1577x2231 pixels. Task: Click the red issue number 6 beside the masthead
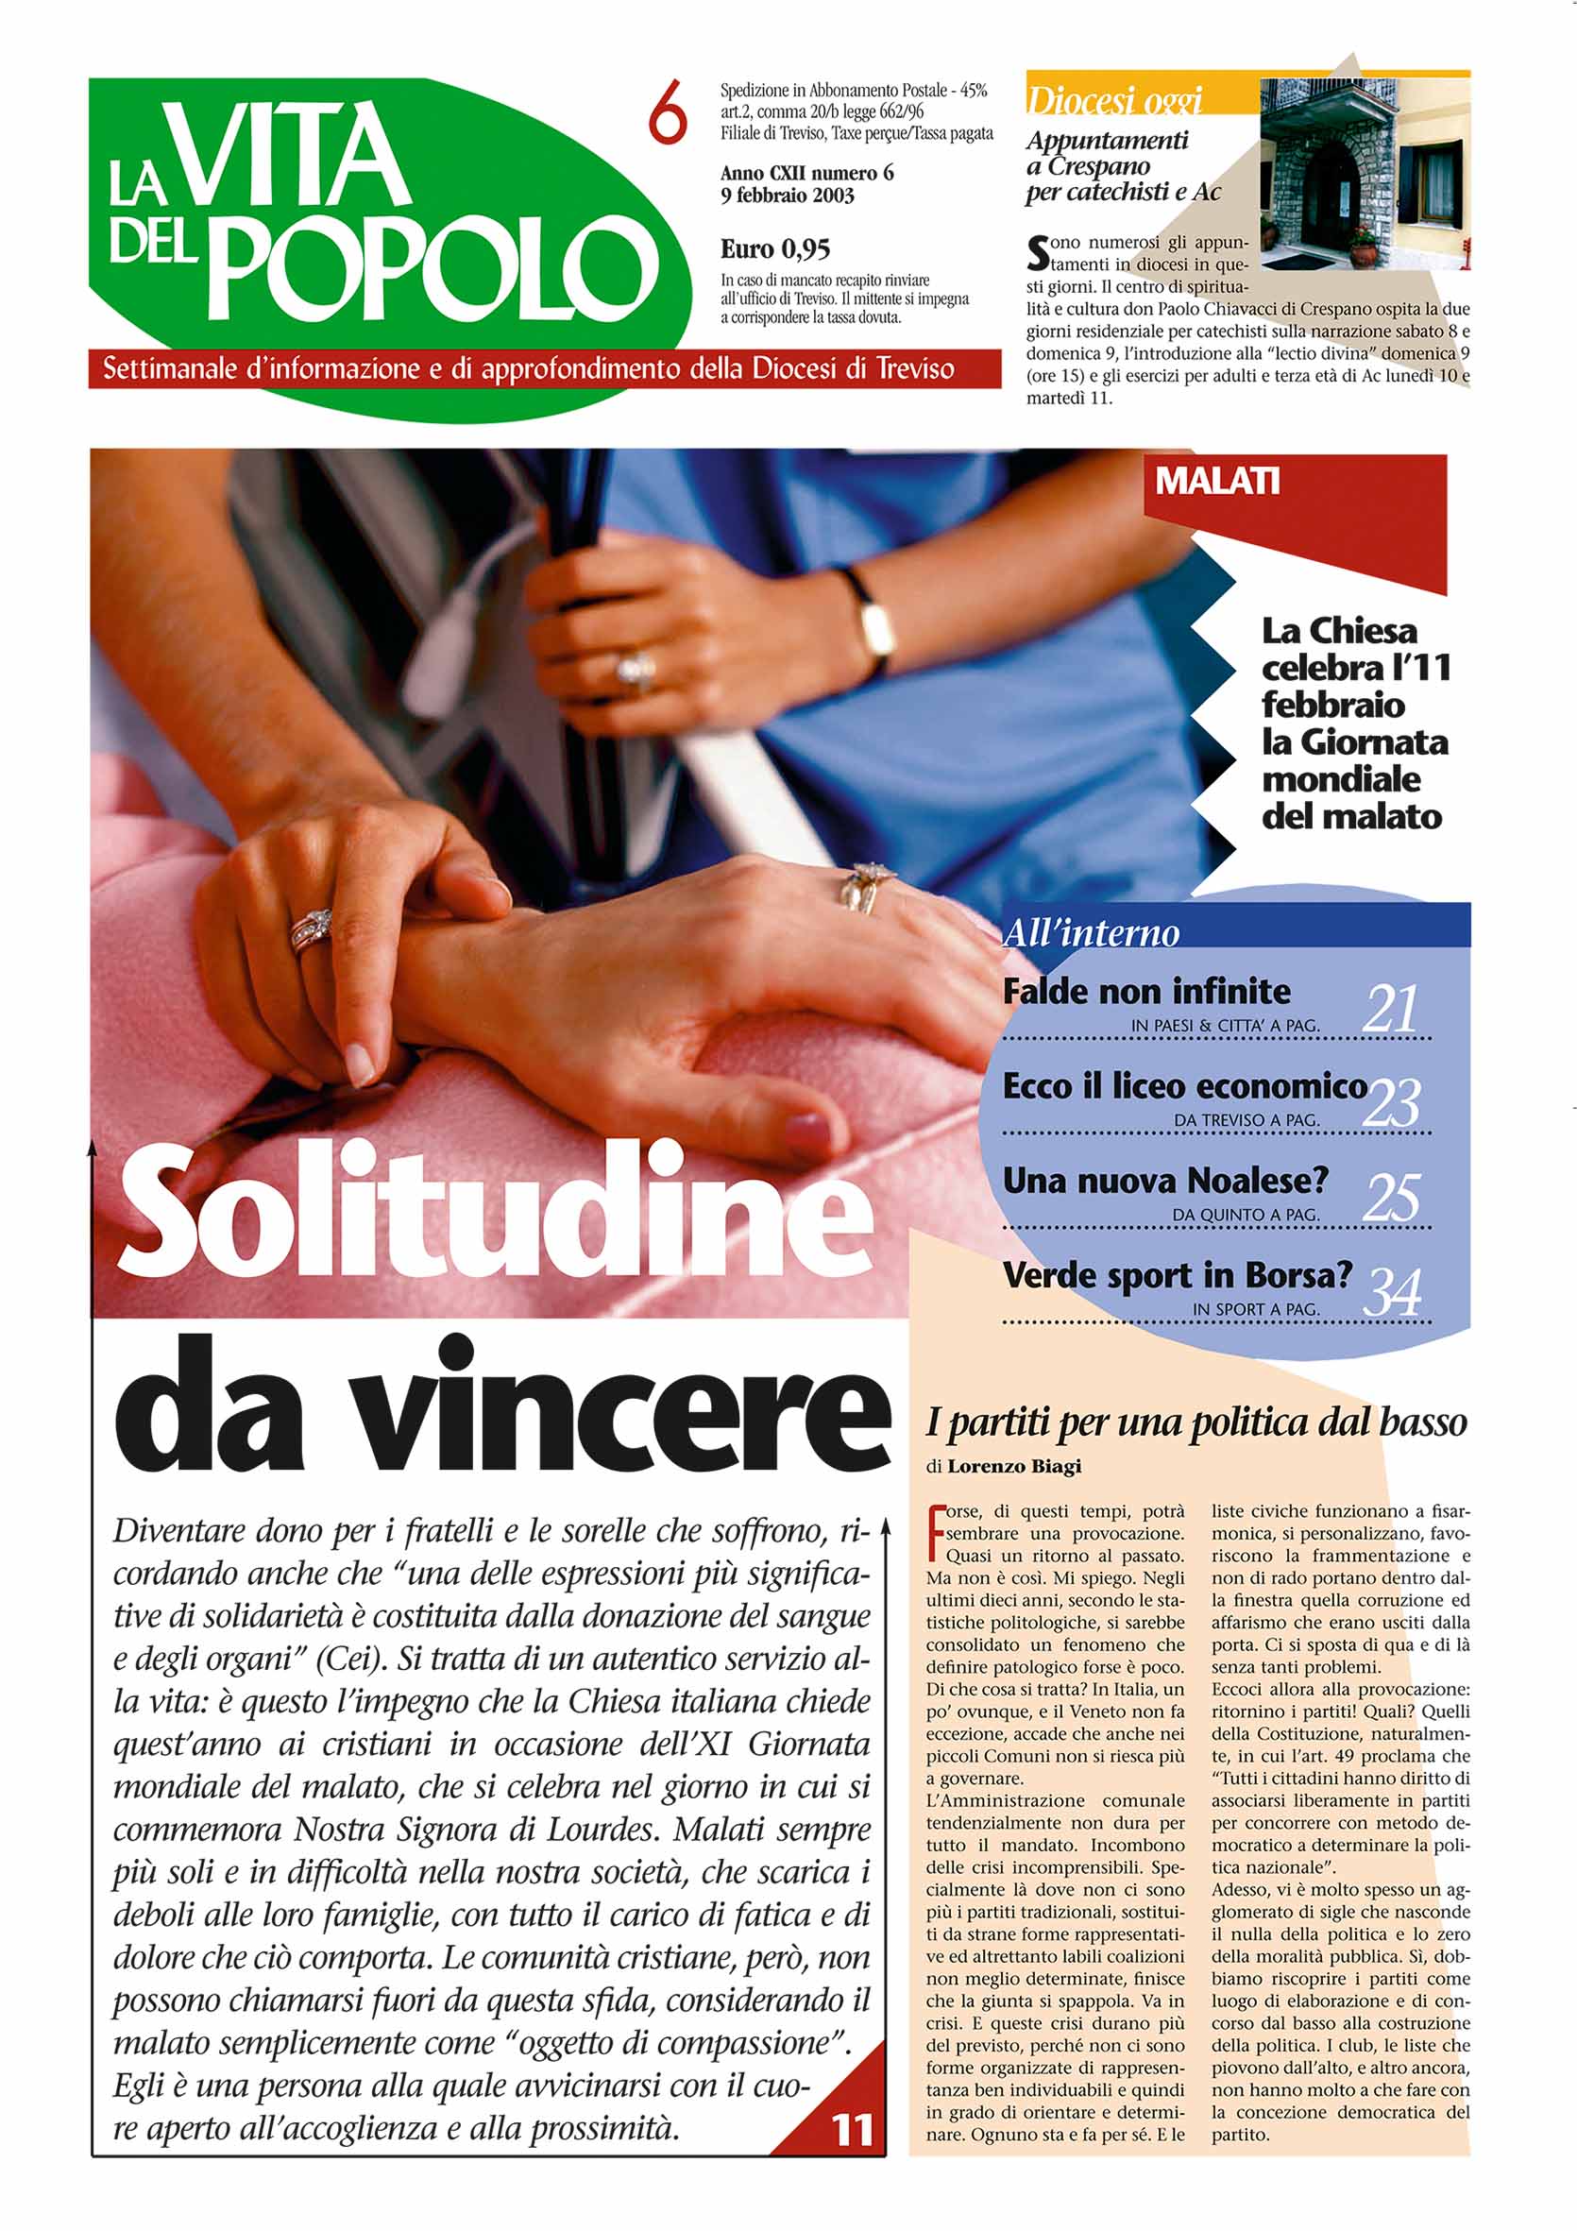(668, 112)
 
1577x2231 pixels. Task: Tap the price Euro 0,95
(774, 249)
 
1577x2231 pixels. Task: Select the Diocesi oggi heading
(1113, 100)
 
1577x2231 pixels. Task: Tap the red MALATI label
(1216, 481)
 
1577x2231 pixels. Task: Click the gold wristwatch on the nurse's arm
(876, 628)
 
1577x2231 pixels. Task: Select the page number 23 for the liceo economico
(1392, 1103)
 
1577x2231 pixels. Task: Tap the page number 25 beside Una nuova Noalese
(1392, 1197)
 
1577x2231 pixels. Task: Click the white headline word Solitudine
(496, 1212)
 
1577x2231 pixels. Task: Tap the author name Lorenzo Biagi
(1013, 1466)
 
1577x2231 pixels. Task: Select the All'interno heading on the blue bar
(1092, 933)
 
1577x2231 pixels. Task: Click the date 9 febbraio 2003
(787, 196)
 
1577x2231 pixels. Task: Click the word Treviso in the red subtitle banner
(915, 369)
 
